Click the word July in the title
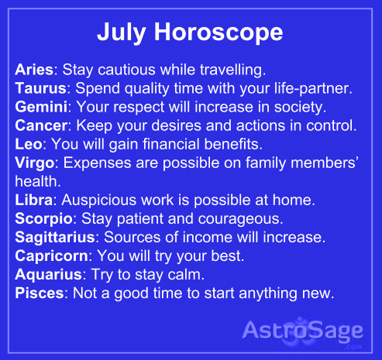click(x=122, y=33)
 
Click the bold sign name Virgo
click(x=34, y=162)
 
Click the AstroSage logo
click(x=303, y=332)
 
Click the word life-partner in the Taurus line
click(x=310, y=87)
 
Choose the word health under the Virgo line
click(x=36, y=180)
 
